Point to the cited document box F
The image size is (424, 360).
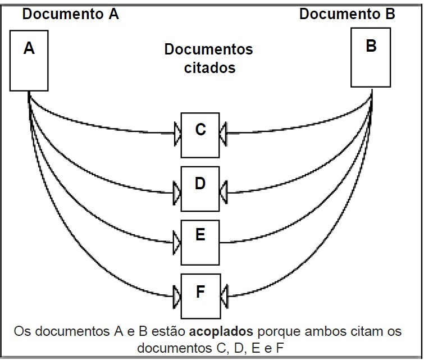pyautogui.click(x=200, y=293)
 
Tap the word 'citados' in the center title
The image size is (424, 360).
pyautogui.click(x=208, y=68)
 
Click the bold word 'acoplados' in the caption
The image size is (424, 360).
pyautogui.click(x=217, y=329)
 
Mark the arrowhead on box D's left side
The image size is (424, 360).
pyautogui.click(x=177, y=193)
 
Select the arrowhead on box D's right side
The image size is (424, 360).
pyautogui.click(x=223, y=193)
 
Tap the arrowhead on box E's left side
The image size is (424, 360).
pyautogui.click(x=177, y=243)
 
